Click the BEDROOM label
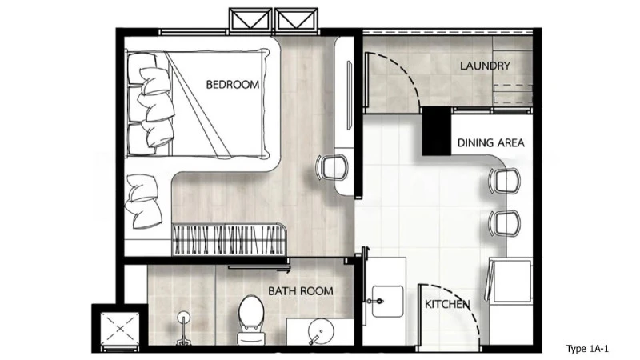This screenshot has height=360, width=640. (x=232, y=85)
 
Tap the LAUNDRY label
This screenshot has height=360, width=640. (x=485, y=66)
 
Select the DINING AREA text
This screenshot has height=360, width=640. (x=490, y=143)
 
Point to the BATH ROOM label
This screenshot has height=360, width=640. (x=301, y=291)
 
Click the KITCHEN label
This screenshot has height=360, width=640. (x=447, y=304)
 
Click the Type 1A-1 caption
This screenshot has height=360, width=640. (x=587, y=349)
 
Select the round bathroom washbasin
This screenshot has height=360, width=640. (x=321, y=331)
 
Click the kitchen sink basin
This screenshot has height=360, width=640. (x=387, y=302)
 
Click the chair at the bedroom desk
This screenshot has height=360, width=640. (x=333, y=167)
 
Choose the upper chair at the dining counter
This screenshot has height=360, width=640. (x=505, y=181)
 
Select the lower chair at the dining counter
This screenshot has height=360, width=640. (x=505, y=223)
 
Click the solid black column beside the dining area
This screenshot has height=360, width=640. (x=436, y=131)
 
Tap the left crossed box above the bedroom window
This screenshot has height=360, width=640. (x=250, y=21)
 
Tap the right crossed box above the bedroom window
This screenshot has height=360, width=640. (x=296, y=21)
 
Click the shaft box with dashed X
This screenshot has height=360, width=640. (x=120, y=329)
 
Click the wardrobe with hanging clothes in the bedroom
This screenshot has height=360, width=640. (x=229, y=239)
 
